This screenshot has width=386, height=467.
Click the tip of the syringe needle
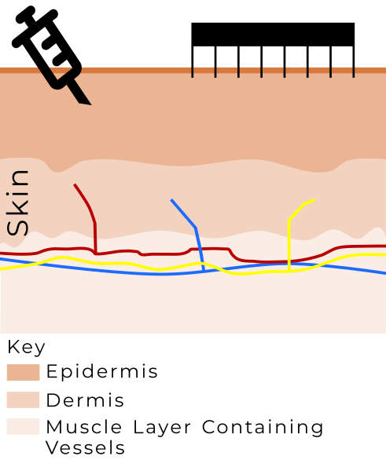pyautogui.click(x=90, y=104)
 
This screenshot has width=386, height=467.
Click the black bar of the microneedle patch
pyautogui.click(x=273, y=35)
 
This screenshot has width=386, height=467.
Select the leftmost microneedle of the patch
pyautogui.click(x=193, y=62)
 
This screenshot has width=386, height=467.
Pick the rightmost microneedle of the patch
pyautogui.click(x=354, y=62)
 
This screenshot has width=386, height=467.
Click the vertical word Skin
pyautogui.click(x=18, y=203)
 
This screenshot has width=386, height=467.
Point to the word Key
pyautogui.click(x=26, y=347)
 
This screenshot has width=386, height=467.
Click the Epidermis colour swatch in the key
pyautogui.click(x=24, y=372)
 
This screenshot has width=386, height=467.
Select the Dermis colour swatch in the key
pyautogui.click(x=24, y=400)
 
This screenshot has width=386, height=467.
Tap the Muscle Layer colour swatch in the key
pyautogui.click(x=24, y=426)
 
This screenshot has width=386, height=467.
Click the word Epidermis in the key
pyautogui.click(x=101, y=372)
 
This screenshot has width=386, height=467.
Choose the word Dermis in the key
pyautogui.click(x=85, y=400)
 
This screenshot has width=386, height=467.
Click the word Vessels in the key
pyautogui.click(x=86, y=447)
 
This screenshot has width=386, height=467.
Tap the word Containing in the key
pyautogui.click(x=263, y=428)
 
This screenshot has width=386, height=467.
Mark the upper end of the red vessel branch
pyautogui.click(x=75, y=185)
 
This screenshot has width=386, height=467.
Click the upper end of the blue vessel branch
pyautogui.click(x=171, y=200)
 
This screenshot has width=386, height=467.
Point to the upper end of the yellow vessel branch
pyautogui.click(x=314, y=200)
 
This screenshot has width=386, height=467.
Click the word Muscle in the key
pyautogui.click(x=84, y=427)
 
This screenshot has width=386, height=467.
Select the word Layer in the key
pyautogui.click(x=162, y=428)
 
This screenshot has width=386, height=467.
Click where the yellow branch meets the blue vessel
pyautogui.click(x=289, y=264)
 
